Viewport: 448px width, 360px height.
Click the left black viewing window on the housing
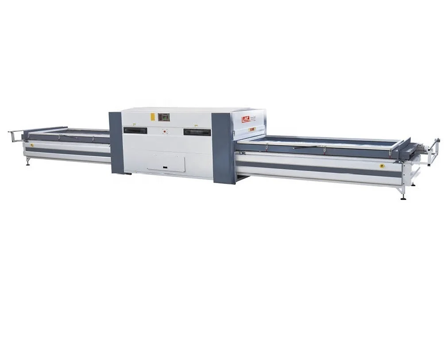click(x=135, y=130)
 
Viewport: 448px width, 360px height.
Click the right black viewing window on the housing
click(x=197, y=132)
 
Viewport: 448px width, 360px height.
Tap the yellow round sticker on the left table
click(x=32, y=145)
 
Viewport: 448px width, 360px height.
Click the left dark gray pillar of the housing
click(x=116, y=142)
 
